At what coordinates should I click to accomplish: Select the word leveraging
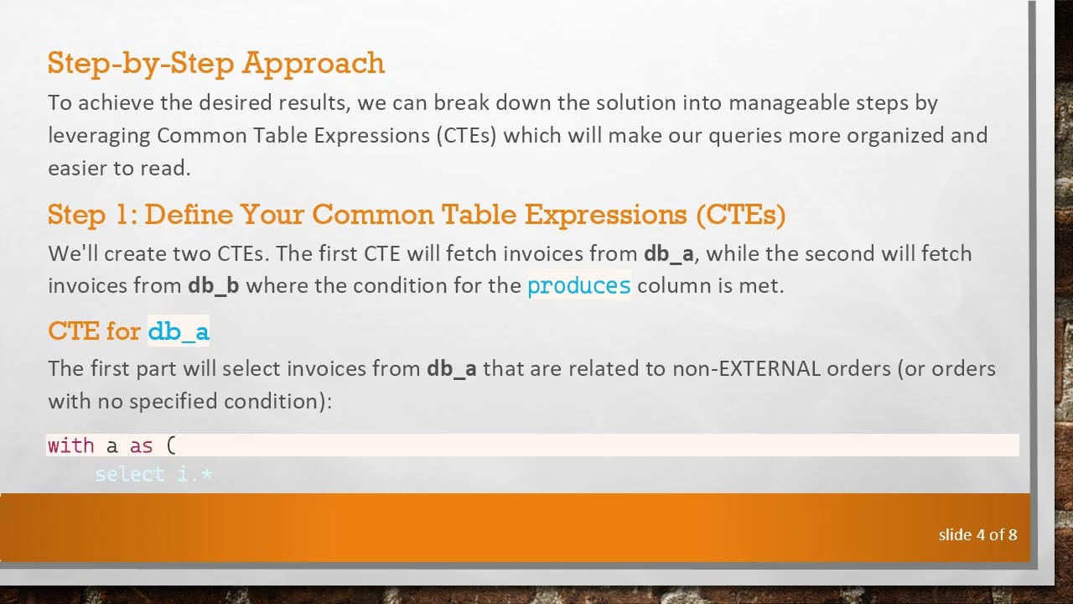[x=99, y=136]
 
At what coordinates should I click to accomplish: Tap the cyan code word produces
[x=578, y=286]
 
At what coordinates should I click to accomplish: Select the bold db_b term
[x=213, y=286]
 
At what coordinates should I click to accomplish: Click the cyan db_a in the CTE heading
[x=178, y=332]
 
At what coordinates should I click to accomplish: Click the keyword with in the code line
[x=70, y=445]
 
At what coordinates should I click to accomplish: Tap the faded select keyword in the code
[x=130, y=475]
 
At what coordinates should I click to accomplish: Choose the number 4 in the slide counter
[x=980, y=535]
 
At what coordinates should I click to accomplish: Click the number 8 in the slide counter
[x=1013, y=535]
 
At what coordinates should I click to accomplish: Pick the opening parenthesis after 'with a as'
[x=171, y=445]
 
